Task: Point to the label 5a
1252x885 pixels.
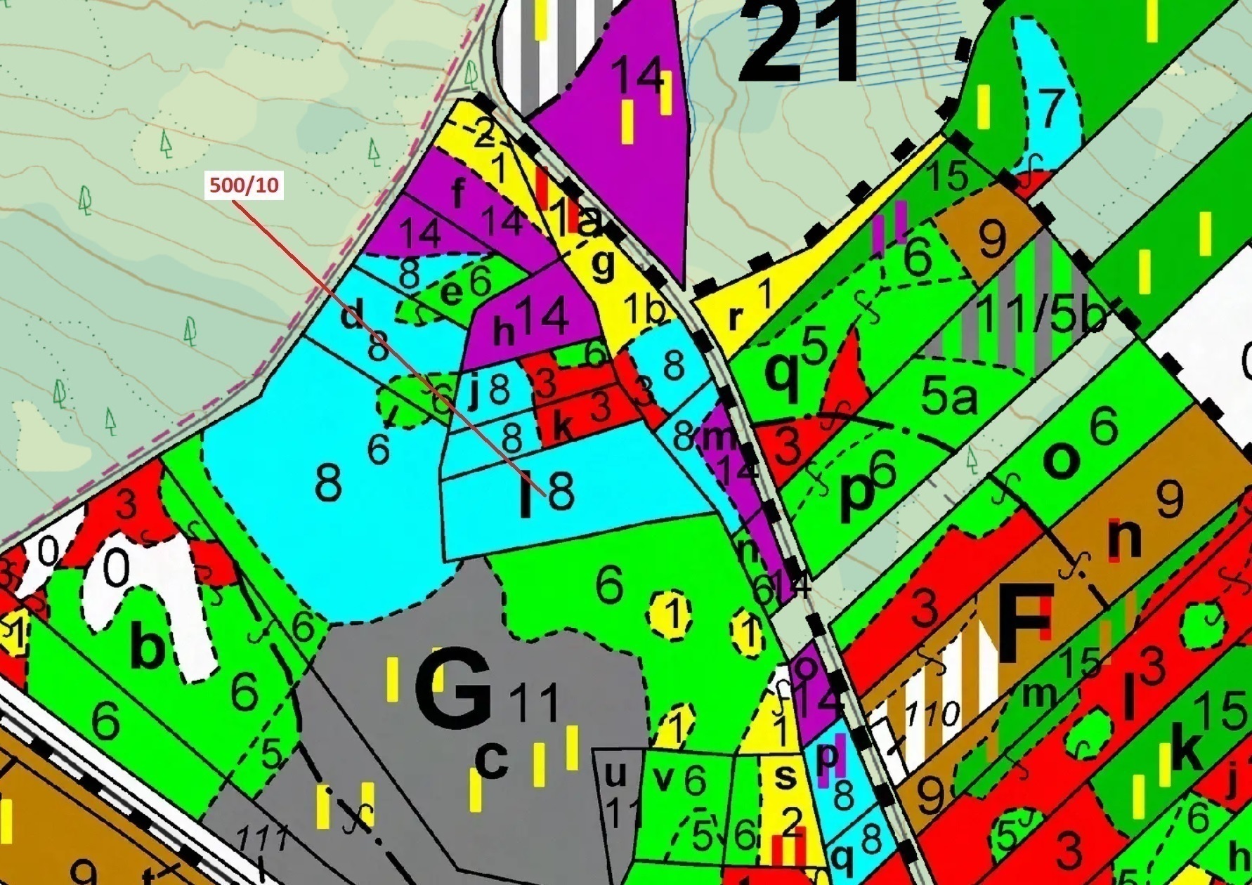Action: [x=948, y=398]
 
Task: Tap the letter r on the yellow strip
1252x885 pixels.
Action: [x=735, y=317]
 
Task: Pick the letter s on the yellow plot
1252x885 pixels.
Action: [x=785, y=776]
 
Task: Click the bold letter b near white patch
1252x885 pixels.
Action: [x=148, y=648]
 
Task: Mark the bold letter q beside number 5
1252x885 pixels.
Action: [x=781, y=376]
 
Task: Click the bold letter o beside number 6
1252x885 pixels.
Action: [x=1062, y=460]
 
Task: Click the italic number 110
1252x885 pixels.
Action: [x=932, y=716]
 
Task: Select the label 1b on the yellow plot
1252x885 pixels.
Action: [x=642, y=310]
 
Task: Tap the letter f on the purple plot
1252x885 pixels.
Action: [x=458, y=193]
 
